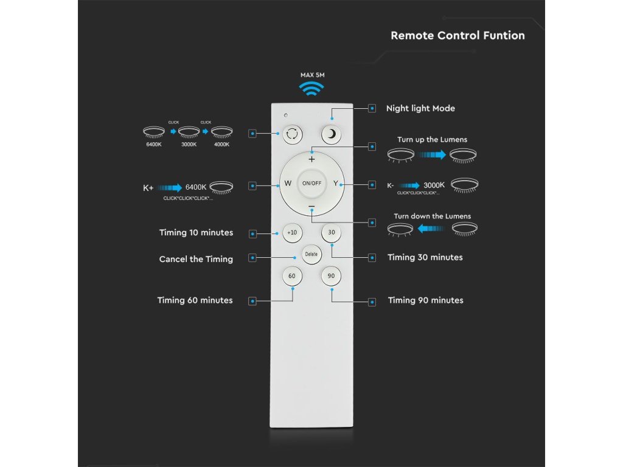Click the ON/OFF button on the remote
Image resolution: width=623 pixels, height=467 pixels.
click(x=311, y=183)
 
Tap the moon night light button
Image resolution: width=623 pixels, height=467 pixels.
click(x=332, y=134)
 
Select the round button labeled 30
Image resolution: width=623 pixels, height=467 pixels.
click(x=332, y=232)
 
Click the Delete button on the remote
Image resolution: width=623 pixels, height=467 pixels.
click(x=311, y=254)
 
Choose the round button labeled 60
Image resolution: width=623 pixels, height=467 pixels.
click(x=291, y=276)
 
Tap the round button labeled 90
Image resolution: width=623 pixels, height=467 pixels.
click(x=332, y=276)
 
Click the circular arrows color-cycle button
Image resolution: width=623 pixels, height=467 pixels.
click(x=291, y=134)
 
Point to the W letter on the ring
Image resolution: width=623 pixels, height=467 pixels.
click(x=288, y=183)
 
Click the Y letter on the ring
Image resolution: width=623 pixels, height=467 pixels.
click(x=335, y=183)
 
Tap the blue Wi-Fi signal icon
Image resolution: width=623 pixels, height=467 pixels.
click(x=311, y=89)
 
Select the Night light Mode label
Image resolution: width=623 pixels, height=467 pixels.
click(x=420, y=109)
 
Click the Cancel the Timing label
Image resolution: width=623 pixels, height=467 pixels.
click(x=196, y=260)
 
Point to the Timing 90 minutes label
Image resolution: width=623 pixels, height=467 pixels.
click(x=425, y=300)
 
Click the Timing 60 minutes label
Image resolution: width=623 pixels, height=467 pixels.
click(x=195, y=300)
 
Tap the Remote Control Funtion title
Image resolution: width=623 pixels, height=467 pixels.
click(x=458, y=35)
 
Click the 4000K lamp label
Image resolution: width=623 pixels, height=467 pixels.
click(x=222, y=144)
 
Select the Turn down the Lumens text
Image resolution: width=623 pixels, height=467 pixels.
click(x=432, y=216)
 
